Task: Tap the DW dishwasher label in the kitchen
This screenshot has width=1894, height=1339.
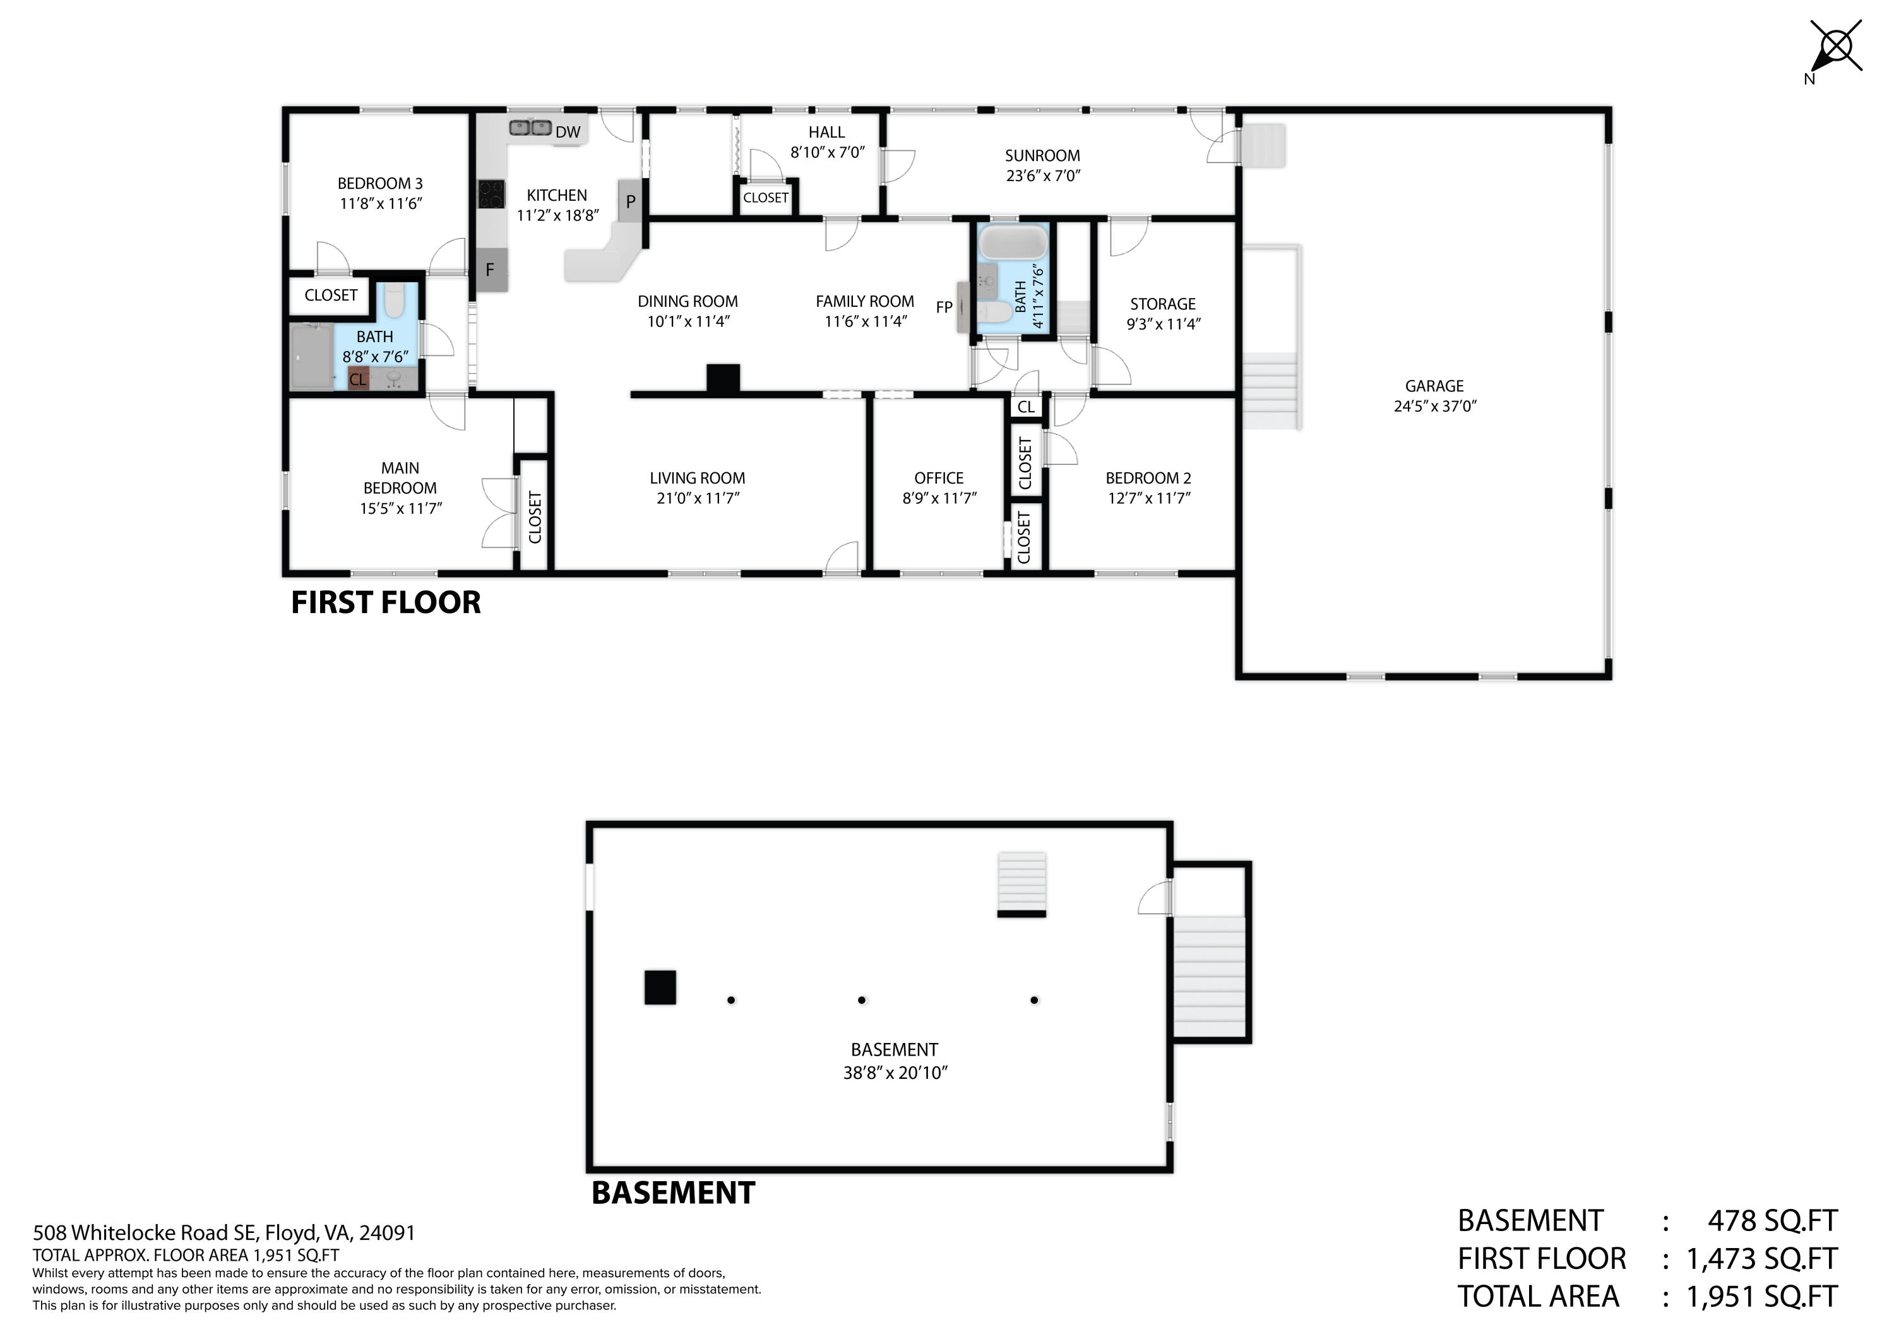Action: (568, 132)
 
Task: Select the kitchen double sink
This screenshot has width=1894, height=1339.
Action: (530, 128)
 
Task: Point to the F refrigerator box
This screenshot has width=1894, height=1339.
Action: (490, 270)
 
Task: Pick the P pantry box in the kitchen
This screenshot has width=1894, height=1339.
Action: (630, 201)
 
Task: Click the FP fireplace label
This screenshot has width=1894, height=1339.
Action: (944, 307)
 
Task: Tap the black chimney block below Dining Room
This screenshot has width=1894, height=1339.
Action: (724, 379)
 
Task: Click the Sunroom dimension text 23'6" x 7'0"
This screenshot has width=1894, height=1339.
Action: (1043, 176)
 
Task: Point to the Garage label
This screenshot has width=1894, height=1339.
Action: (1434, 386)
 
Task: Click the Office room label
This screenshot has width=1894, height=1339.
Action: (939, 479)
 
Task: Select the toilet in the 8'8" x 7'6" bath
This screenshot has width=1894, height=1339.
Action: (395, 301)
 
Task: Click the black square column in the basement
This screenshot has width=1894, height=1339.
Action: (660, 987)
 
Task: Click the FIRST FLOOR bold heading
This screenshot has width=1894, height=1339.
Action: (385, 603)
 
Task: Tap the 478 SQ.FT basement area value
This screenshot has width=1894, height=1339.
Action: (1772, 1221)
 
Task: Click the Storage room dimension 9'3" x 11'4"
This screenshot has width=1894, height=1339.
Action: (1163, 324)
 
